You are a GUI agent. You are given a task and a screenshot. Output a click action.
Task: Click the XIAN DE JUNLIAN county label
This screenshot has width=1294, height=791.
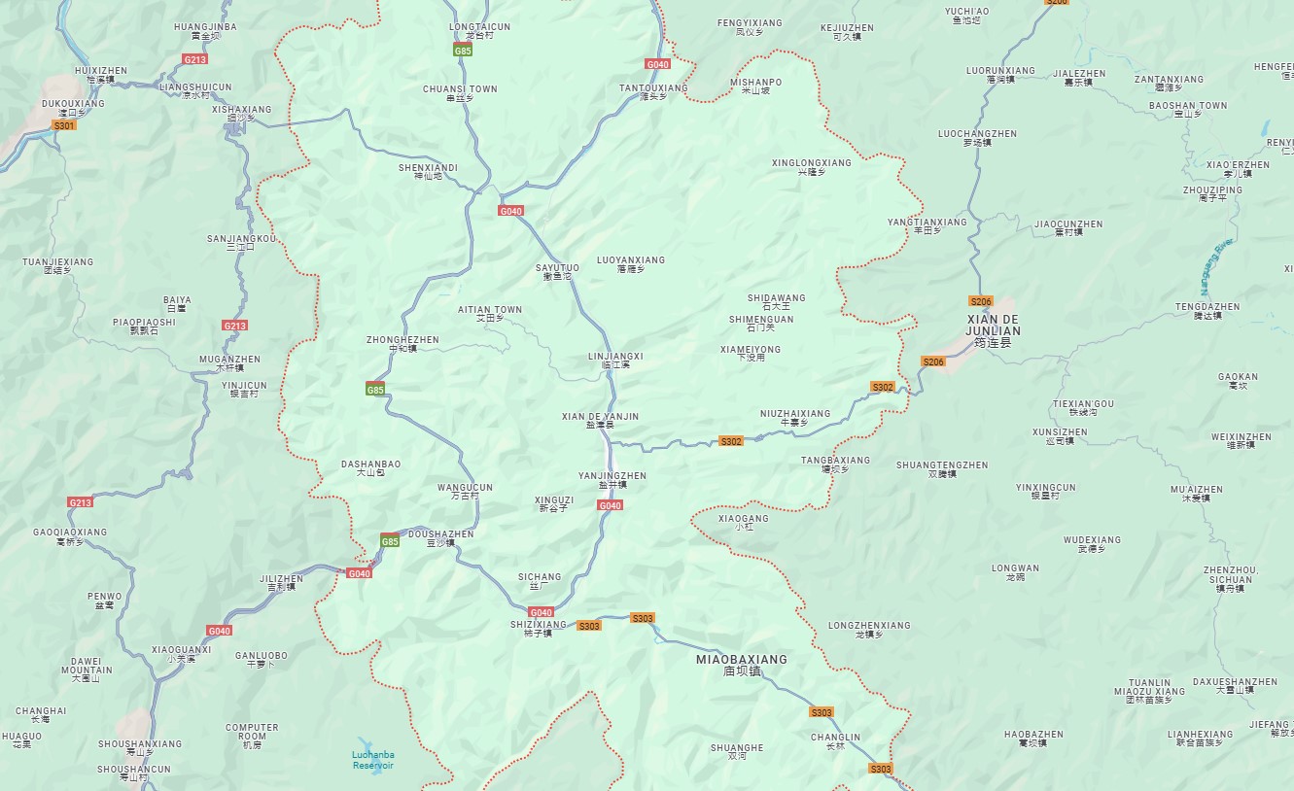point(993,330)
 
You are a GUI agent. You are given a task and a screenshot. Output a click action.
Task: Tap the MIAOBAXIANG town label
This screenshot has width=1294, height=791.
point(742,665)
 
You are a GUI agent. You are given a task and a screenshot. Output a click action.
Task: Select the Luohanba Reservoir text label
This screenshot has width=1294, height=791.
point(372,760)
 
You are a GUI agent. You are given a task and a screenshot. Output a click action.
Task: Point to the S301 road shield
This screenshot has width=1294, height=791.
point(64,125)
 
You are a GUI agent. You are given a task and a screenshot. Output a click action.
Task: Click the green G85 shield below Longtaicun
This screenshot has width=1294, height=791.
point(463,50)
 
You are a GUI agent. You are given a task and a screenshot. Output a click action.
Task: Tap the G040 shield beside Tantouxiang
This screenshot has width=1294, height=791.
point(657,64)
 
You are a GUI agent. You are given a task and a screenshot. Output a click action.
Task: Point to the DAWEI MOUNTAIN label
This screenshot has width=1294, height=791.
point(87,670)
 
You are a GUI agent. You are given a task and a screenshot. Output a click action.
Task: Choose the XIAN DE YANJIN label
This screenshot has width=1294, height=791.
point(600,421)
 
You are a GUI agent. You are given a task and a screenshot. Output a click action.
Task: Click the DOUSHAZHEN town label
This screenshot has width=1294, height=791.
point(440,538)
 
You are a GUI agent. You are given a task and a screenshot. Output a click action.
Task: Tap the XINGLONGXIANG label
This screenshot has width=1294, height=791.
point(811,167)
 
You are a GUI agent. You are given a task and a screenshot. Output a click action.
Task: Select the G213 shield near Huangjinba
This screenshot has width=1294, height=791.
point(194,59)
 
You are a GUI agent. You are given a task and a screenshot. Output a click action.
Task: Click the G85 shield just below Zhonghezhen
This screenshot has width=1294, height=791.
point(375,390)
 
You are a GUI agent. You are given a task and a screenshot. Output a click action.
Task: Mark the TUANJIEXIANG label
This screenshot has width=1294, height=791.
point(58,266)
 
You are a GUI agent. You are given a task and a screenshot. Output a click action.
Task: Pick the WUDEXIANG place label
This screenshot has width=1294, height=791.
point(1092,544)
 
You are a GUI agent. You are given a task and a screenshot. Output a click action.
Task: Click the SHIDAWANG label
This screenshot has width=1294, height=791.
point(776,302)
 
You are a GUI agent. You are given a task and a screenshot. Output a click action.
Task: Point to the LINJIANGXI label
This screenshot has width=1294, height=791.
point(615,361)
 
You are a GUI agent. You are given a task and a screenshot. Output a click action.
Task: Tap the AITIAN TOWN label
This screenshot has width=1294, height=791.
point(490,314)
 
